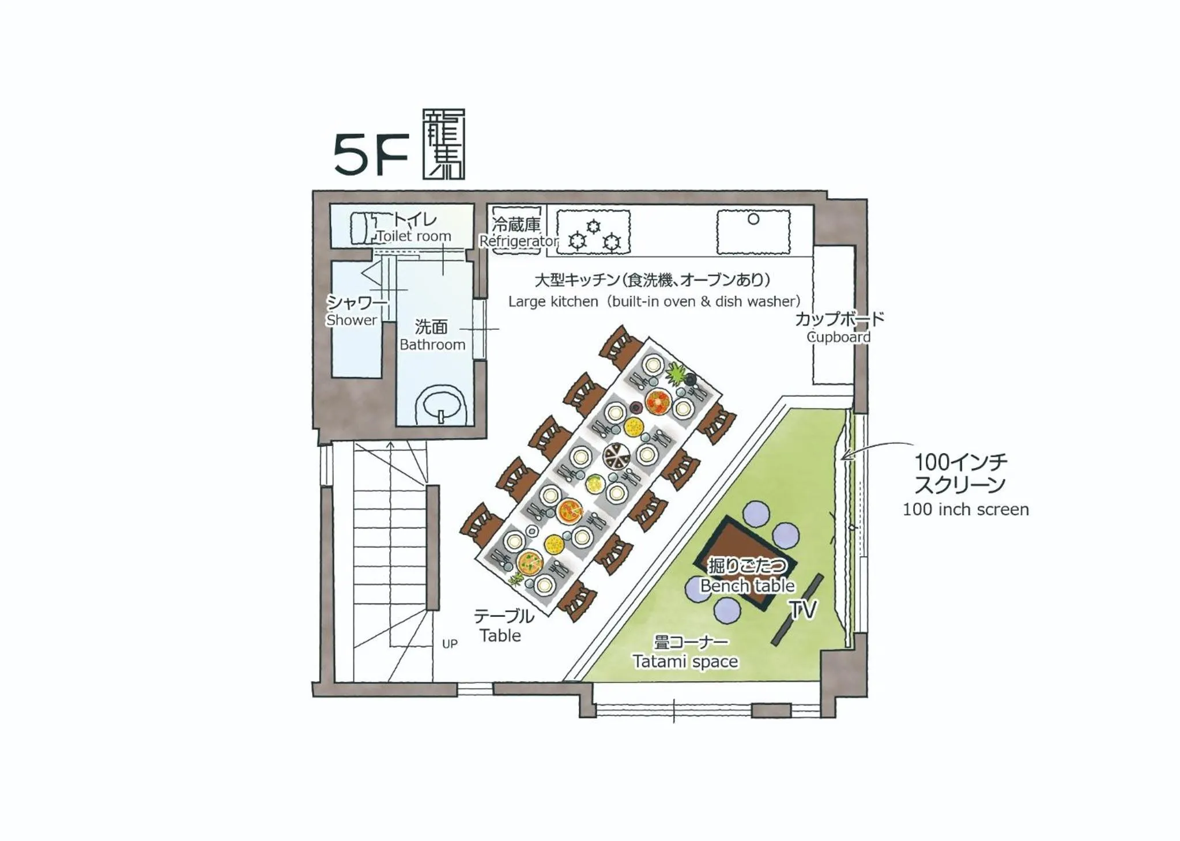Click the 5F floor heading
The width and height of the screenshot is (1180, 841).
(371, 154)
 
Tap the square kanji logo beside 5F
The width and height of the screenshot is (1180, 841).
(443, 144)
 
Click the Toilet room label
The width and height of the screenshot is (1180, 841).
(414, 236)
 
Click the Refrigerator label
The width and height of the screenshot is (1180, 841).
(519, 241)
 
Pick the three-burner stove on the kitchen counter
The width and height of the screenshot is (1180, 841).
(593, 232)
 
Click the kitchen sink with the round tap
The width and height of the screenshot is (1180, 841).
(753, 232)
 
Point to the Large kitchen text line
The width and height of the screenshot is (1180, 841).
(654, 301)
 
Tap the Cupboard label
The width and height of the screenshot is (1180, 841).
(838, 337)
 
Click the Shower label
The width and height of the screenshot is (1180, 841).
(351, 320)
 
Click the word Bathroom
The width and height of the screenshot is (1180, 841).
(432, 345)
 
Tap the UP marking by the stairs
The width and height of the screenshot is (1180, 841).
(450, 644)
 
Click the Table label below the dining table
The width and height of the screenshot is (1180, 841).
(500, 635)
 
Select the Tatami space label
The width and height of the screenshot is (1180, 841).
(685, 661)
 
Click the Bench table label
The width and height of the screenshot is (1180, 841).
(747, 586)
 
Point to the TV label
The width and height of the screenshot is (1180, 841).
(802, 609)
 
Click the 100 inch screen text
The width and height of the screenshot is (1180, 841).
(966, 510)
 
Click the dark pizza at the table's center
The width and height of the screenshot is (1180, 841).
(617, 457)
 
